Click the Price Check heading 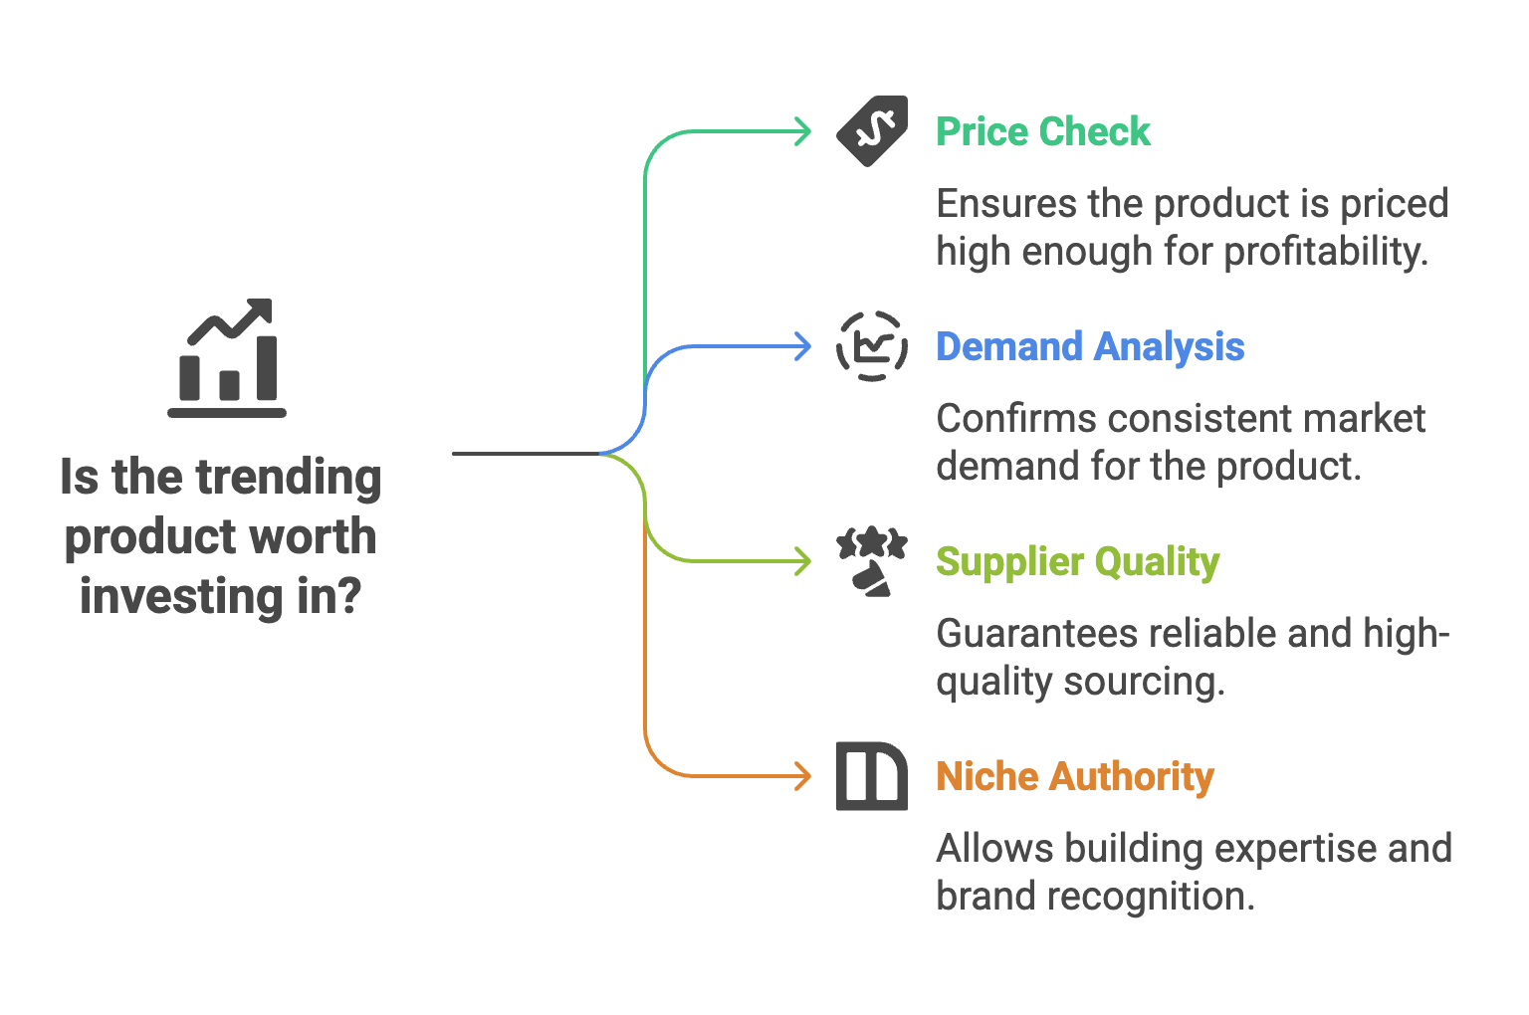point(1043,131)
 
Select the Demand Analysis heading point(1090,346)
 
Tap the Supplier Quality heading point(1077,562)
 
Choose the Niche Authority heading point(1075,776)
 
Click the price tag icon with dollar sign point(872,130)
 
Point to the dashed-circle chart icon point(872,346)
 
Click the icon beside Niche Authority point(872,776)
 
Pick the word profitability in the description point(1326,252)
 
